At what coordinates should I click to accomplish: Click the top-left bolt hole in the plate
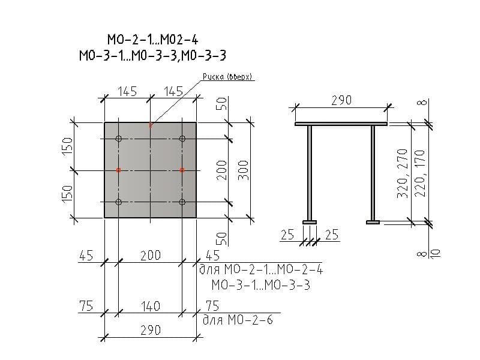119,139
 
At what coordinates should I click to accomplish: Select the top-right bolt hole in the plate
182,139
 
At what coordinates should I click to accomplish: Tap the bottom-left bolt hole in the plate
119,202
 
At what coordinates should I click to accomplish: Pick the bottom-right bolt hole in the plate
182,202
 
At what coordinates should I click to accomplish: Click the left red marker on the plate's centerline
119,170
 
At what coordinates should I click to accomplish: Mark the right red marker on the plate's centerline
182,170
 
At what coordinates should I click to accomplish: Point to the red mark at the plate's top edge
151,125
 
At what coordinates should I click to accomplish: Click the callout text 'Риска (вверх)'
227,77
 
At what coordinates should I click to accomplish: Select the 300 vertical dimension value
244,170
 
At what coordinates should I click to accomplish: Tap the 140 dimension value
151,306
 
